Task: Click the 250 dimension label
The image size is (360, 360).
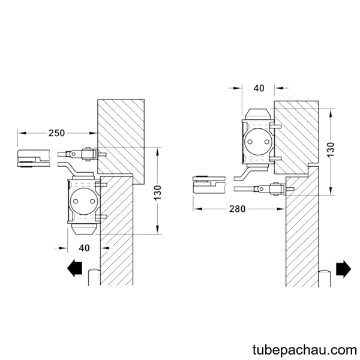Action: tap(56, 133)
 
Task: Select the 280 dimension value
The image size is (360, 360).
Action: tap(237, 209)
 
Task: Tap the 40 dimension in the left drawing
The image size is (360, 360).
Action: tap(84, 248)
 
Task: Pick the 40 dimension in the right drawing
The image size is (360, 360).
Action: tap(259, 88)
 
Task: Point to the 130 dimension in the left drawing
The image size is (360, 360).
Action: tap(158, 193)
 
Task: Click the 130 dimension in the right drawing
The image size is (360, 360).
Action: tap(331, 149)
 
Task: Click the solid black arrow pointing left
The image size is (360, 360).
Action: tap(74, 268)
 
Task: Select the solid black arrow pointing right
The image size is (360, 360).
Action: tap(343, 269)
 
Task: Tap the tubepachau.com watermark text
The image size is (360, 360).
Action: tap(305, 350)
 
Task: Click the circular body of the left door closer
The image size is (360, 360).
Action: tap(84, 202)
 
